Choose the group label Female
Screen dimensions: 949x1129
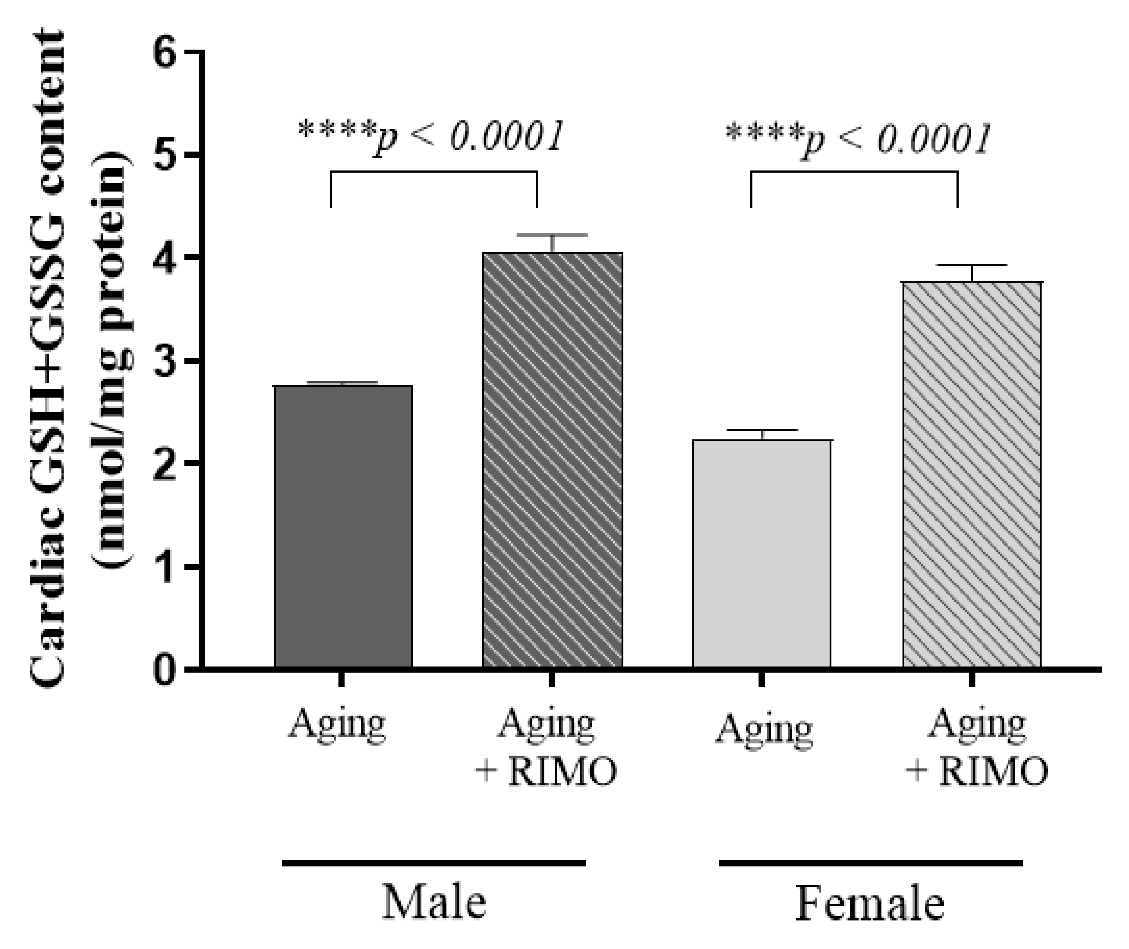coord(869,903)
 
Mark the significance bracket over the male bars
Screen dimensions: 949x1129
coord(433,172)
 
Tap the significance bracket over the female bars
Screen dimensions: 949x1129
coord(854,172)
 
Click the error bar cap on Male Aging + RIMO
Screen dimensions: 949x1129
coord(553,235)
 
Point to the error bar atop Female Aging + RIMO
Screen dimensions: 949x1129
coord(972,266)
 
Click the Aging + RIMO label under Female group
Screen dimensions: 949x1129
coord(976,748)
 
